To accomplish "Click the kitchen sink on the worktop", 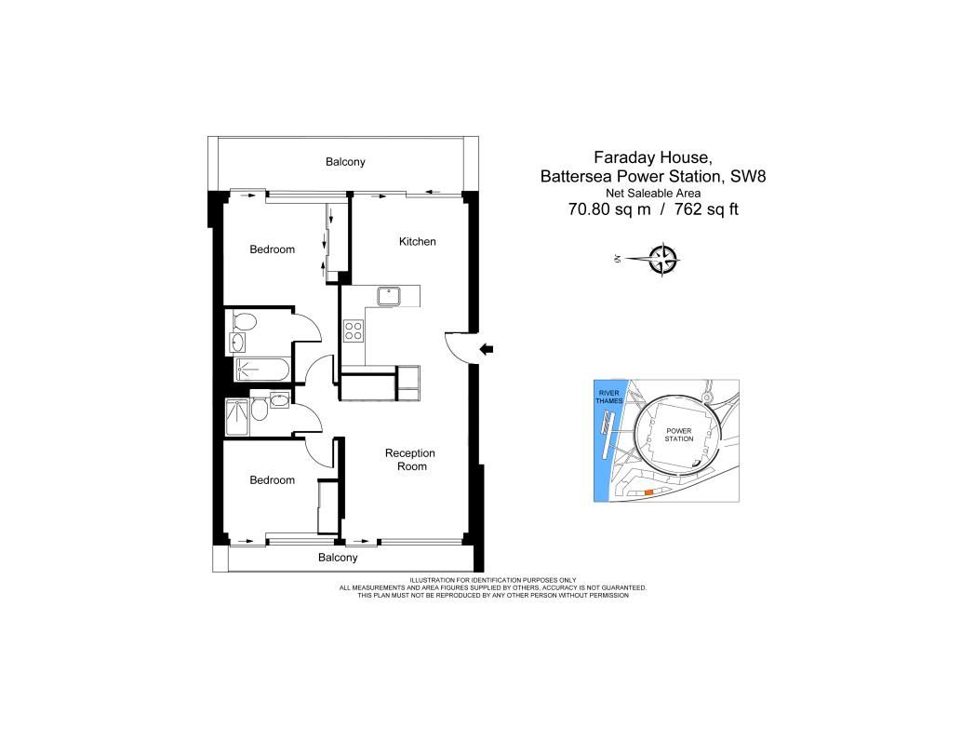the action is point(389,296).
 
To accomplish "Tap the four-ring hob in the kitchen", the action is point(354,330).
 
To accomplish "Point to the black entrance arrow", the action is point(487,349).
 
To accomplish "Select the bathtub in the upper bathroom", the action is point(261,370).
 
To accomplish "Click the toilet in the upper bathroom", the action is point(245,322).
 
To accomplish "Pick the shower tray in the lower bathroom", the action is point(237,417).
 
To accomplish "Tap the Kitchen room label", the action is point(417,241).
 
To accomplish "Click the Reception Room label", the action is point(410,460).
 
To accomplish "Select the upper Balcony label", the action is point(345,162).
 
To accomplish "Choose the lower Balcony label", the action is point(338,558).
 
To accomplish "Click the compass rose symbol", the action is point(662,259).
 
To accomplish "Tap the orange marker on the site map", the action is point(648,492).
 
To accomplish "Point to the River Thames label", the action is point(608,397).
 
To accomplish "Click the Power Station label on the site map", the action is point(678,435).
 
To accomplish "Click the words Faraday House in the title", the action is point(648,157).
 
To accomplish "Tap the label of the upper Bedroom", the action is point(273,249).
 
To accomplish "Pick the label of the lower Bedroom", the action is point(273,480).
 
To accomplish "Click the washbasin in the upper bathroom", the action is point(237,343).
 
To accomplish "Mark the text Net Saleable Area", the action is point(653,194).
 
